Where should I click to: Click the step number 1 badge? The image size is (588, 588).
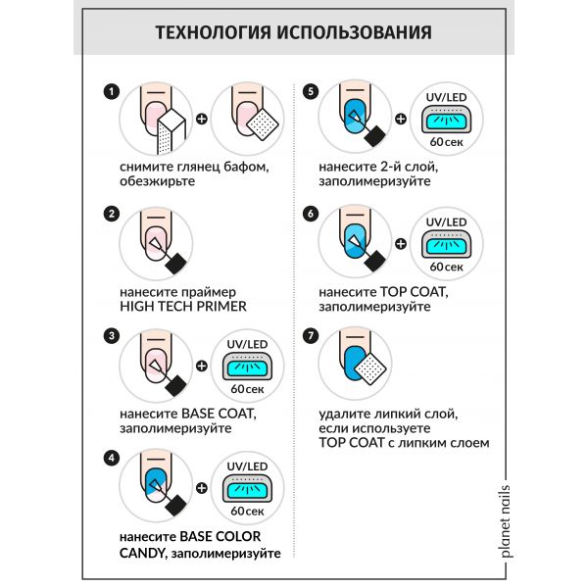[111, 92]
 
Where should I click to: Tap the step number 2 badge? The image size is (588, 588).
[111, 214]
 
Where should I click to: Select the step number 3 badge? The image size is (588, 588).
[111, 335]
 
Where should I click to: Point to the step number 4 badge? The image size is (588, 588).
[111, 457]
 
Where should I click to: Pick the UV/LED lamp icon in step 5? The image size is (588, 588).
[447, 122]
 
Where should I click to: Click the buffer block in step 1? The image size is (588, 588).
[171, 131]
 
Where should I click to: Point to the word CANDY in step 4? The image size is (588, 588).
[141, 554]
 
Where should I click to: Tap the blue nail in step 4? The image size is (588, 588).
[154, 477]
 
